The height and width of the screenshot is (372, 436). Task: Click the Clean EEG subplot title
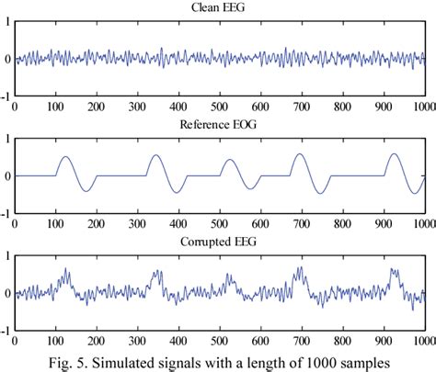219,7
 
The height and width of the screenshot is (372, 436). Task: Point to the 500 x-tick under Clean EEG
219,107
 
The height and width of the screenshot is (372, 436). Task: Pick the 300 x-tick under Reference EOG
137,224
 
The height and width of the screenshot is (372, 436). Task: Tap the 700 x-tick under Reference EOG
301,224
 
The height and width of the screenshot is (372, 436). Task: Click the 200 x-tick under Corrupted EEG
97,342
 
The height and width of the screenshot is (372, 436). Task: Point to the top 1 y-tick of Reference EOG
8,140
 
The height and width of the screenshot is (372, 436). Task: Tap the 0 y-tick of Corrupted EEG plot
8,294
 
